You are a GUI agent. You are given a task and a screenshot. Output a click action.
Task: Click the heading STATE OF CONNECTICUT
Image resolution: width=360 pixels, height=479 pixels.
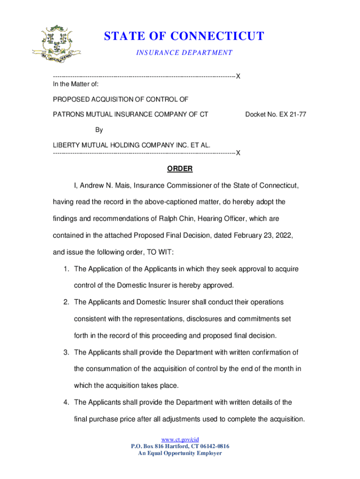pos(184,36)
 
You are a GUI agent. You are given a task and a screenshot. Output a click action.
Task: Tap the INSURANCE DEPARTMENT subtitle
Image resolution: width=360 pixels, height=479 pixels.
pos(184,53)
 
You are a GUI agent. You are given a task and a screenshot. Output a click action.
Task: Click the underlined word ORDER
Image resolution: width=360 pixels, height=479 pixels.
pos(180,169)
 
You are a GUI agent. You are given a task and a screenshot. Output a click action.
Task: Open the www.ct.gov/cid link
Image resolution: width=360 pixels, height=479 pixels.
pos(180,440)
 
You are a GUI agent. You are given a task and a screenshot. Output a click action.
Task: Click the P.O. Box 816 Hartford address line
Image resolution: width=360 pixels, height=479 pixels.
pos(180,446)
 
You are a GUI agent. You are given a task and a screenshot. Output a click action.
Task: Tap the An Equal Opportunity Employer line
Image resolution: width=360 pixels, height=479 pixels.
pos(180,453)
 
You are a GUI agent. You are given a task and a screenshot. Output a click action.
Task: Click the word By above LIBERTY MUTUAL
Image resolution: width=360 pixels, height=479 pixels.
pos(99,130)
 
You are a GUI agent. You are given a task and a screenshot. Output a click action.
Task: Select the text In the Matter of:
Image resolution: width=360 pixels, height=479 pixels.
pos(75,84)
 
